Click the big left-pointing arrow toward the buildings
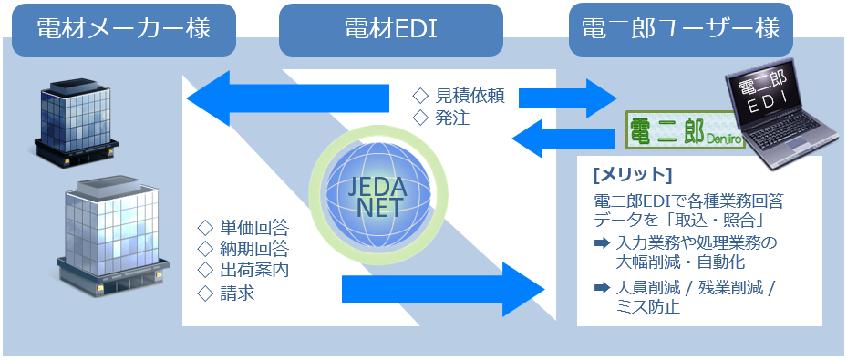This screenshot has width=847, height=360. click(x=287, y=98)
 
